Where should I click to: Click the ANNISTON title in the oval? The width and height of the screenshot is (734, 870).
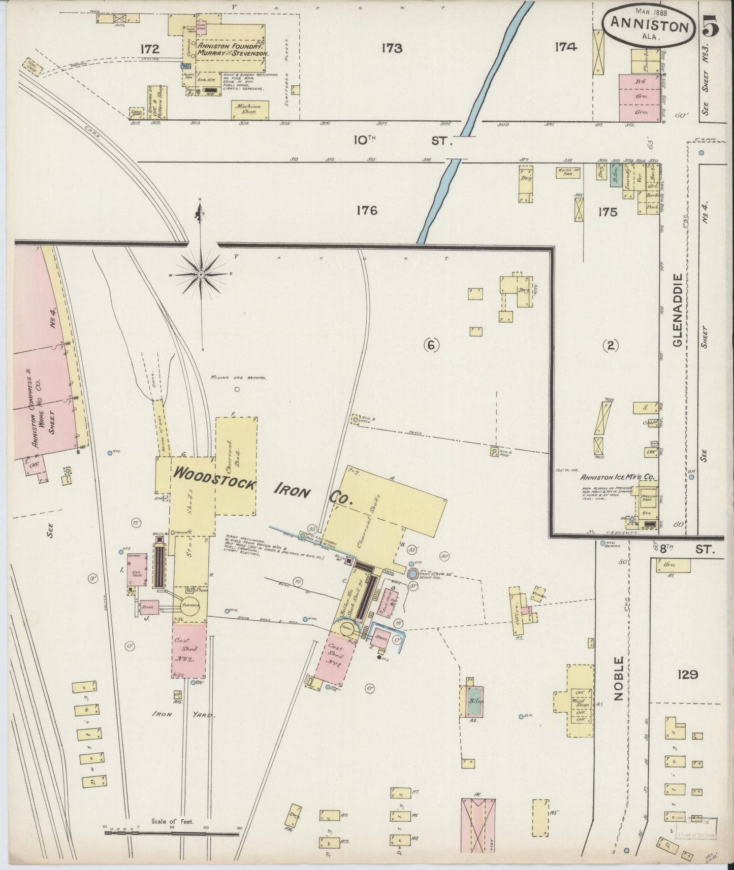649,25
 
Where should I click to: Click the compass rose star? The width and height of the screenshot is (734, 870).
201,275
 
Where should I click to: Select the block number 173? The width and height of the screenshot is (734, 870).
392,49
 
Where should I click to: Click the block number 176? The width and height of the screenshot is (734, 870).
367,210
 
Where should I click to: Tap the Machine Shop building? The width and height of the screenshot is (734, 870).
249,109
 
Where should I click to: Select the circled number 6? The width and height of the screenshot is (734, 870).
431,346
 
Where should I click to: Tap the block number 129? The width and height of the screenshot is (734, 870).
687,675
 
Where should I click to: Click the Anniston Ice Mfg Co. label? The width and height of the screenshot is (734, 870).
620,477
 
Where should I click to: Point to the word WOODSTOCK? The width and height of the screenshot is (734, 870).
214,478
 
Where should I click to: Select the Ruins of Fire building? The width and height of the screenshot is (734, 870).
567,173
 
